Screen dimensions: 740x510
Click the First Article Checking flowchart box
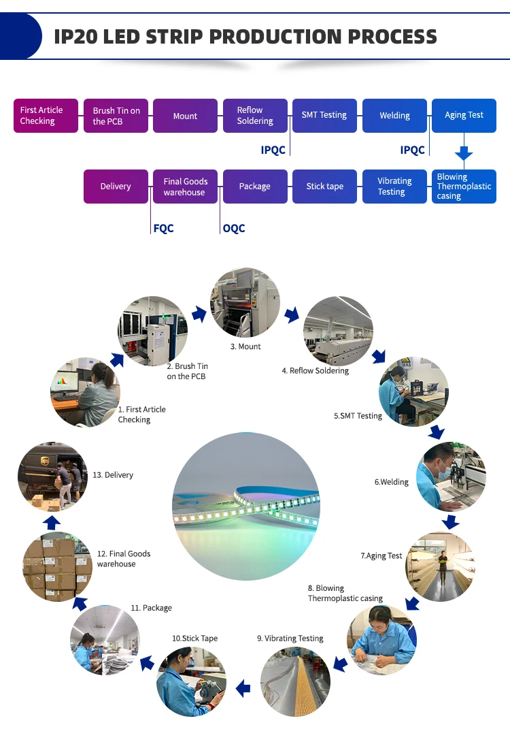[46, 116]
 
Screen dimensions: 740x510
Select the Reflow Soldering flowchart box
[254, 116]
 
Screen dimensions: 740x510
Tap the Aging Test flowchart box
[464, 116]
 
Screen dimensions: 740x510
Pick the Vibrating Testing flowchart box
[394, 187]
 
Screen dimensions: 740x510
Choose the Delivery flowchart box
[116, 187]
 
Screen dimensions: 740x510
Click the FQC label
[163, 229]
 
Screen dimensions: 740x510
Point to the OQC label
[234, 229]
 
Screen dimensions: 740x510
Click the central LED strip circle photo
[245, 506]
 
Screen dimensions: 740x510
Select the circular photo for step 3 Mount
[245, 303]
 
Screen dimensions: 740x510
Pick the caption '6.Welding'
[391, 482]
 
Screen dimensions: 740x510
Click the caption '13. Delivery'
[113, 475]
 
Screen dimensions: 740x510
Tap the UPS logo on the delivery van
[45, 461]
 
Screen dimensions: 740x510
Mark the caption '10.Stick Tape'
[194, 639]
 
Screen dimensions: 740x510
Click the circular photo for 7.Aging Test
[440, 567]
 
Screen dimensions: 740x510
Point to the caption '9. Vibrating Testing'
[290, 639]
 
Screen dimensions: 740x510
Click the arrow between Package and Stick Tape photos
[147, 662]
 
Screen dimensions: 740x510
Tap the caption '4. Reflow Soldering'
[316, 371]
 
